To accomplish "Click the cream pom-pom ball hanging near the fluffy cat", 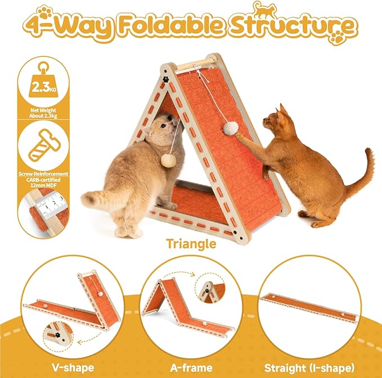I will click(167, 161).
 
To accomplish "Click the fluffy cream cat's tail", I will click(101, 199).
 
